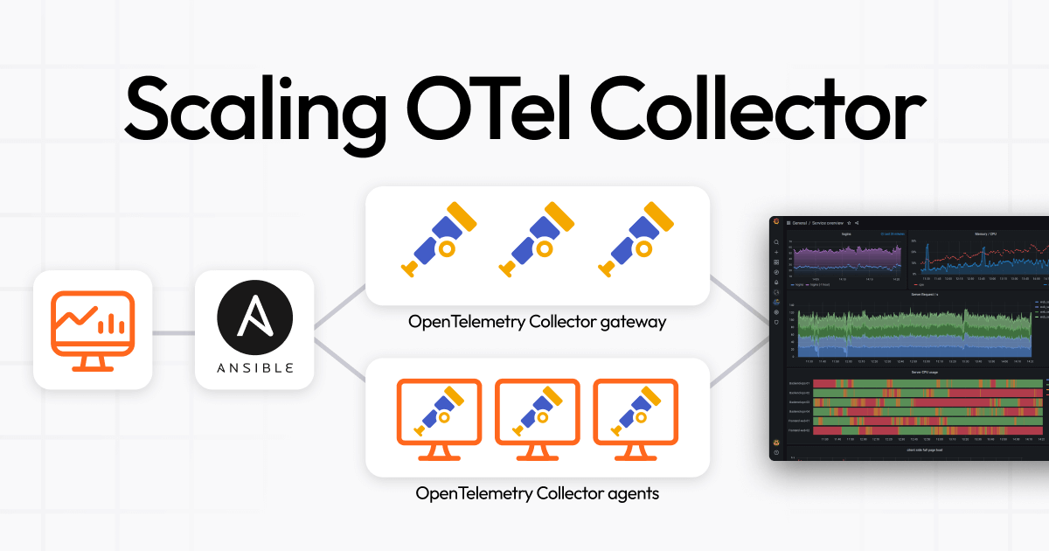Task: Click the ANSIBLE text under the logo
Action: coord(254,367)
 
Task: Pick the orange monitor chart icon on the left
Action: coord(93,330)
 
